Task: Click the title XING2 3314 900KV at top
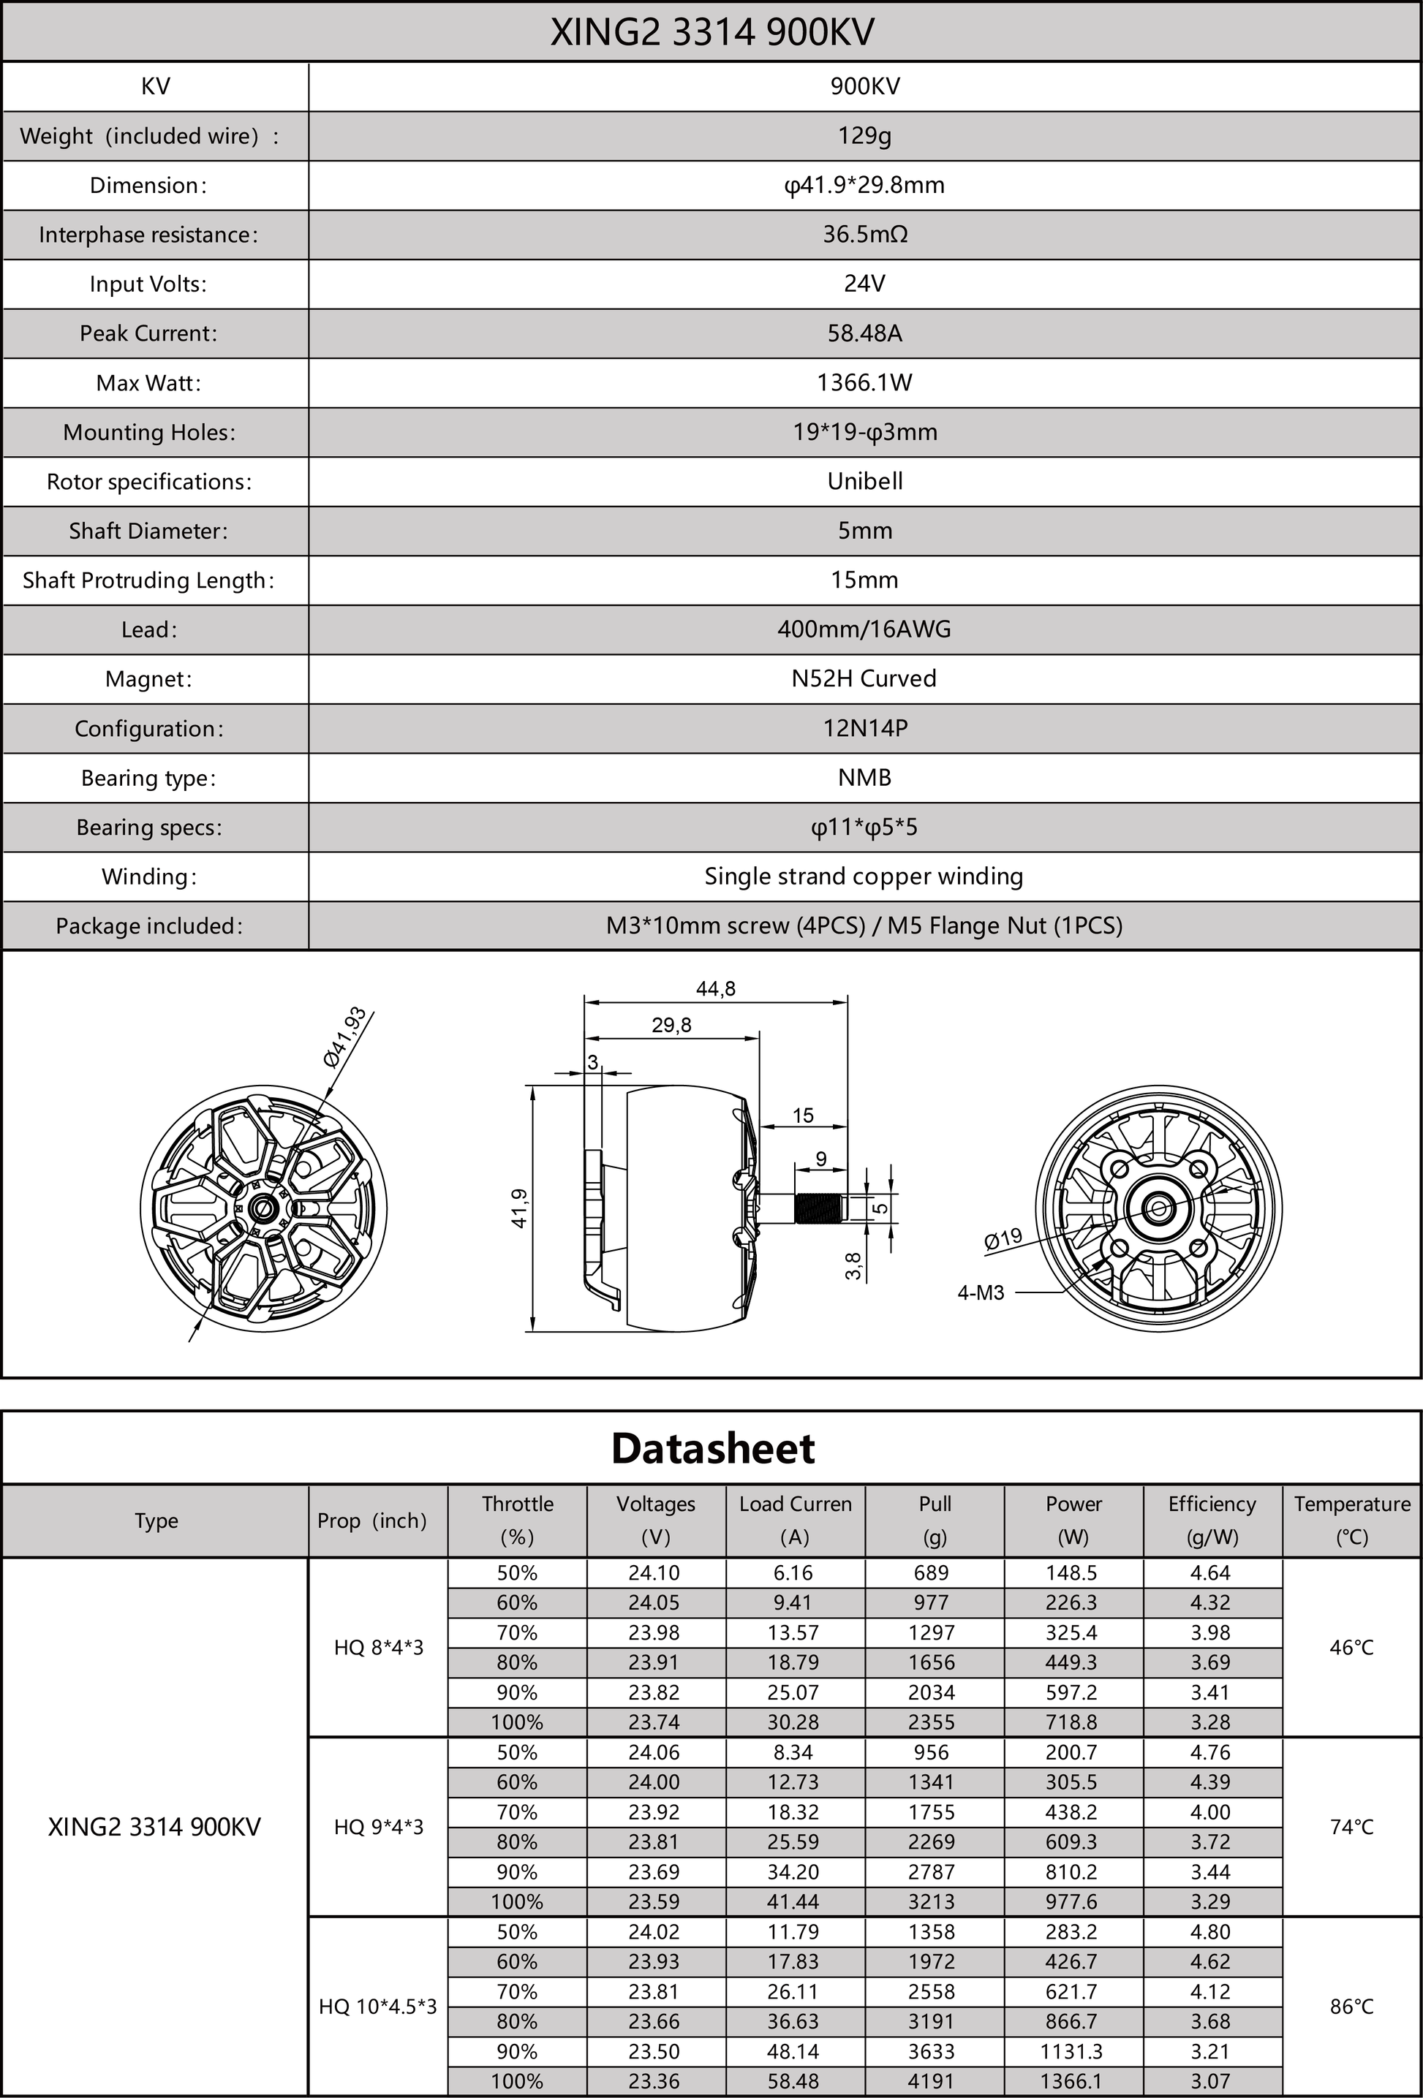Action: (x=711, y=32)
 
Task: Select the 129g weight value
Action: (x=864, y=135)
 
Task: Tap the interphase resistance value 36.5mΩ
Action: (x=864, y=235)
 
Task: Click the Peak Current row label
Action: (x=148, y=333)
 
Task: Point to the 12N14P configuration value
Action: (x=864, y=729)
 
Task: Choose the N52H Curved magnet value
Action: (x=864, y=679)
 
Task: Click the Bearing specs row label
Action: (x=148, y=828)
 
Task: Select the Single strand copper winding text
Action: (x=864, y=876)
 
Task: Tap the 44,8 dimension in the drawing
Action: (x=715, y=988)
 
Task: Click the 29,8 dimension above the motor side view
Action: (x=671, y=1025)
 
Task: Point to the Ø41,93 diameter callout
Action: (x=345, y=1037)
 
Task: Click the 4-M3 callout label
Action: (x=981, y=1292)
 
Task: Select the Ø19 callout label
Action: (x=1003, y=1238)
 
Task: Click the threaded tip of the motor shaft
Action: (x=818, y=1208)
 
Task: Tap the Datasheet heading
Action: (x=712, y=1449)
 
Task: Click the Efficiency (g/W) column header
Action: (x=1212, y=1521)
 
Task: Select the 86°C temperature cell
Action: (x=1351, y=2007)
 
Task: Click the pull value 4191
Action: (x=932, y=2082)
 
